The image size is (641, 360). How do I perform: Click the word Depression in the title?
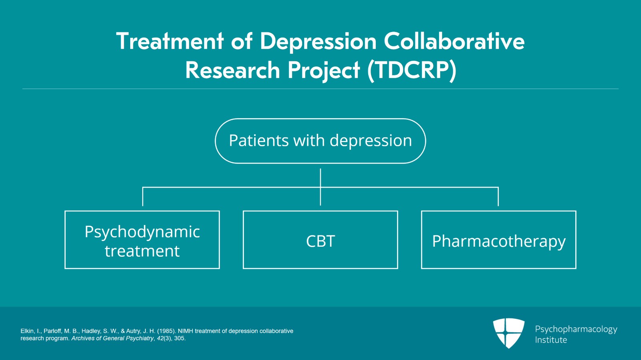pyautogui.click(x=318, y=42)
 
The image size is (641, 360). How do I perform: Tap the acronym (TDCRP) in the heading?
pyautogui.click(x=412, y=70)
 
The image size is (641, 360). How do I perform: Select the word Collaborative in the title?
pyautogui.click(x=454, y=42)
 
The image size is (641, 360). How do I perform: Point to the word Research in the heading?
pyautogui.click(x=232, y=70)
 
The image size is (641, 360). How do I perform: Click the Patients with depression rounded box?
pyautogui.click(x=320, y=141)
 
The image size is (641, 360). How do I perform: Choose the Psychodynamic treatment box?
pyautogui.click(x=142, y=240)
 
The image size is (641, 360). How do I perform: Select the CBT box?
pyautogui.click(x=320, y=240)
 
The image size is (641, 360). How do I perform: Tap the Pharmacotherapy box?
pyautogui.click(x=498, y=240)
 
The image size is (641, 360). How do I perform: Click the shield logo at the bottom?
pyautogui.click(x=508, y=333)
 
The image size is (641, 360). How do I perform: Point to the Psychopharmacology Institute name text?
pyautogui.click(x=576, y=334)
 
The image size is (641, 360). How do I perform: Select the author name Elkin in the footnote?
pyautogui.click(x=28, y=331)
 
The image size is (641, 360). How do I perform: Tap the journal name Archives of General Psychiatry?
pyautogui.click(x=113, y=338)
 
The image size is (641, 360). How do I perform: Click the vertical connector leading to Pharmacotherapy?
pyautogui.click(x=498, y=197)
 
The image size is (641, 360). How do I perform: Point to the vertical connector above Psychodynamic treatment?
pyautogui.click(x=143, y=197)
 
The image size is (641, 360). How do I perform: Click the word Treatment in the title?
pyautogui.click(x=170, y=42)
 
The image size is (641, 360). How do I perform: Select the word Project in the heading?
pyautogui.click(x=324, y=70)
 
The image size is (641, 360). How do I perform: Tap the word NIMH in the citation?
pyautogui.click(x=185, y=331)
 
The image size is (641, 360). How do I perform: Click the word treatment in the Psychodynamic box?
pyautogui.click(x=142, y=251)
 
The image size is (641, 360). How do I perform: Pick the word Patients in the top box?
pyautogui.click(x=259, y=141)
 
